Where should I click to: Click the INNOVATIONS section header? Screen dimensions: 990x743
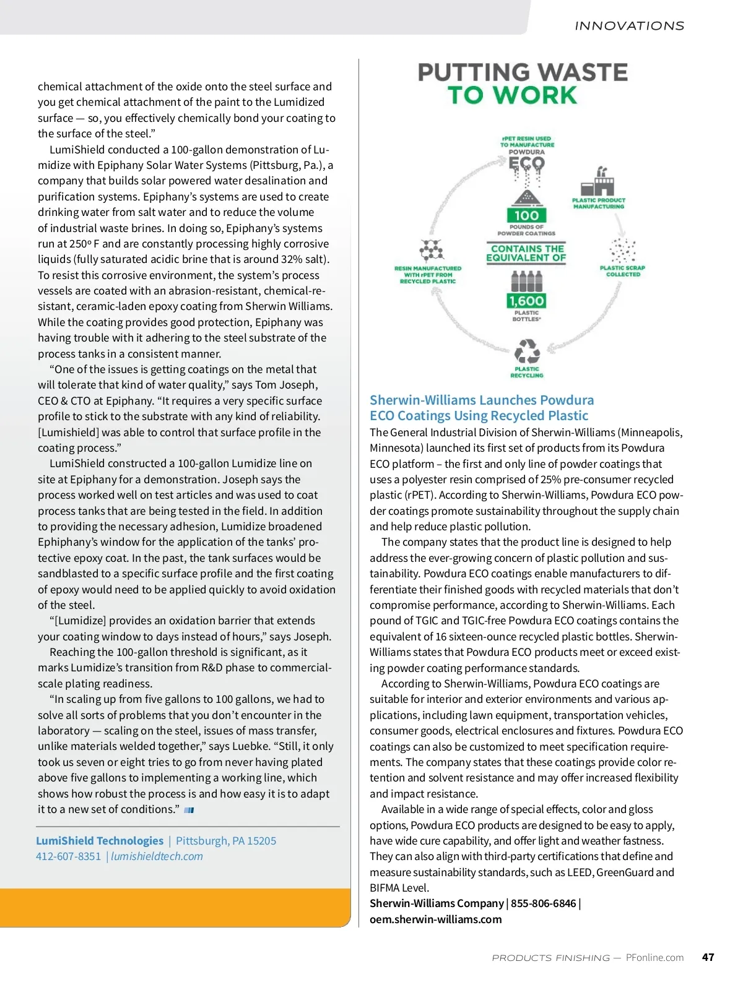(x=629, y=26)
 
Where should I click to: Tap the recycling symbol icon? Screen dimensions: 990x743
(x=527, y=351)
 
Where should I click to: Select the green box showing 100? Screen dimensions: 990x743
(x=526, y=215)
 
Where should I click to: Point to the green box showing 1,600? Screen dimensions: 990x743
(x=526, y=301)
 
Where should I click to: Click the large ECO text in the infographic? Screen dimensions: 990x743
(x=526, y=164)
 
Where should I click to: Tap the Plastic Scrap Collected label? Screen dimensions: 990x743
(x=622, y=271)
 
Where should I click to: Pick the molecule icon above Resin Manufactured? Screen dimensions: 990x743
(x=432, y=251)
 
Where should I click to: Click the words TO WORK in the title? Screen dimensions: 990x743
(x=512, y=96)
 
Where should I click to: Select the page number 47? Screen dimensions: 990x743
(x=708, y=957)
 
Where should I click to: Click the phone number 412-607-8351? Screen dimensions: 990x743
(x=68, y=856)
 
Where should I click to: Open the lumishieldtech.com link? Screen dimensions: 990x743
(x=157, y=856)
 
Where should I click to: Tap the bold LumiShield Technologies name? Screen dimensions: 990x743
(x=100, y=841)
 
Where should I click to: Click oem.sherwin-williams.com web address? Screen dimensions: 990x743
(x=436, y=919)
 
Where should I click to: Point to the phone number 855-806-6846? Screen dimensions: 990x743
(x=543, y=903)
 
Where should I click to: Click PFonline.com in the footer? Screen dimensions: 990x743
(x=654, y=957)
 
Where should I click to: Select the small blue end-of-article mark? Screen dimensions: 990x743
(x=189, y=810)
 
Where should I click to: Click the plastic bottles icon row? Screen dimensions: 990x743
(x=526, y=282)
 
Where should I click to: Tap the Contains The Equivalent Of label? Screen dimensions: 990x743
(x=526, y=253)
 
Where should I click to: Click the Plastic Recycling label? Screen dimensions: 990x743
(x=527, y=372)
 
